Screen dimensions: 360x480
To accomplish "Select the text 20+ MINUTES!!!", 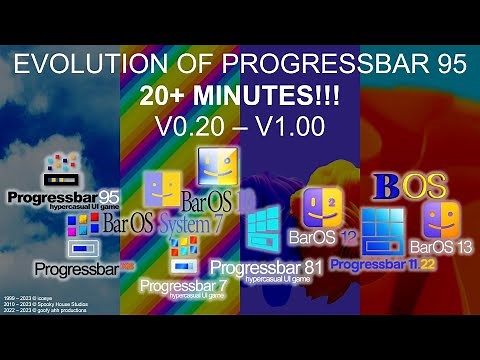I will pos(240,98).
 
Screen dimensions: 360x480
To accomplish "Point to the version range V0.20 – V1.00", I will pos(240,128).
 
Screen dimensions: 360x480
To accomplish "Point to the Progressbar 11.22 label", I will pos(382,264).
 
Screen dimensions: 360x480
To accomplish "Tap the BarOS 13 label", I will pos(440,247).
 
